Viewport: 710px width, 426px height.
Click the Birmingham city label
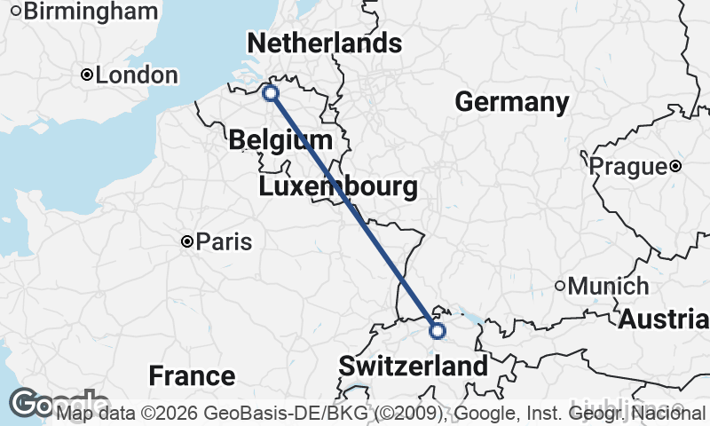click(x=92, y=12)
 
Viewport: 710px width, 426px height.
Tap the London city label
click(x=137, y=75)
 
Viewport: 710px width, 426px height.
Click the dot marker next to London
click(x=87, y=75)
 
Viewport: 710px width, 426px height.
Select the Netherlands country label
click(x=324, y=43)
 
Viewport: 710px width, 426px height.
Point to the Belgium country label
click(x=280, y=140)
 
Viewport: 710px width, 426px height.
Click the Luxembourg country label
click(x=338, y=187)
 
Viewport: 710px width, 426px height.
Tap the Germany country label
click(x=512, y=102)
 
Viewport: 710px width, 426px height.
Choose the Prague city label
click(x=627, y=166)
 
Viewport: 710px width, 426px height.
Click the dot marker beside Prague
click(x=676, y=166)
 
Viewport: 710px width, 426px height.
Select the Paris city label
click(x=224, y=241)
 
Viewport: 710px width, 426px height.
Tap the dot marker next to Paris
click(x=187, y=241)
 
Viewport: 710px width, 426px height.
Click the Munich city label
click(x=609, y=287)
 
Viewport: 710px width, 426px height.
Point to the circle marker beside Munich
click(x=560, y=286)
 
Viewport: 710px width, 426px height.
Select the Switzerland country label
click(x=413, y=366)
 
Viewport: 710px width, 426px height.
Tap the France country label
click(x=192, y=375)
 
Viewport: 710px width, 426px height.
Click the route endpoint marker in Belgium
click(x=271, y=92)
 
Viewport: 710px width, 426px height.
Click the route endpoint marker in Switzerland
click(x=437, y=331)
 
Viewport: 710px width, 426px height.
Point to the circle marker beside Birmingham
click(x=16, y=12)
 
